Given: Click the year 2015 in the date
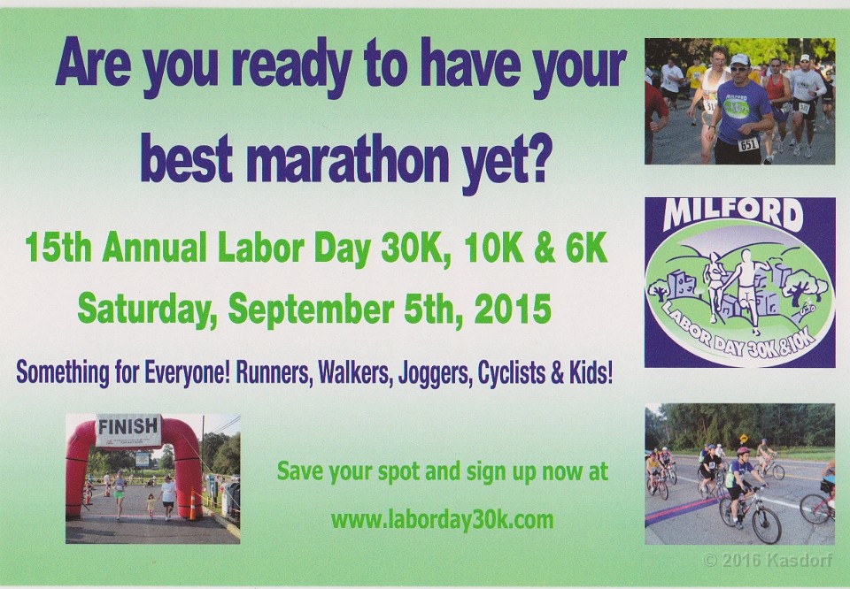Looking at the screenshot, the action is [x=513, y=309].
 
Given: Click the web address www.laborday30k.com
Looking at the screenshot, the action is [x=443, y=520].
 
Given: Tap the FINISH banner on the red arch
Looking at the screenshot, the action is [x=128, y=429].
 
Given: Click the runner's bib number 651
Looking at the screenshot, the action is [x=748, y=144].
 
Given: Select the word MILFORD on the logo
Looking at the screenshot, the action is [x=733, y=214].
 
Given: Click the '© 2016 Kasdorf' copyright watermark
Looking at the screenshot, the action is [x=768, y=561].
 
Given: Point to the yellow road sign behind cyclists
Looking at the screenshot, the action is [x=744, y=438].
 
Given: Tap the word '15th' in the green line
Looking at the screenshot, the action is [x=58, y=248].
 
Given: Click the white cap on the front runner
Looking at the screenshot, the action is [x=739, y=60].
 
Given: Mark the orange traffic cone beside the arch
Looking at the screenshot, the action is [x=192, y=506].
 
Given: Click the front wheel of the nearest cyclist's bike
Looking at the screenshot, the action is [x=766, y=524].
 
